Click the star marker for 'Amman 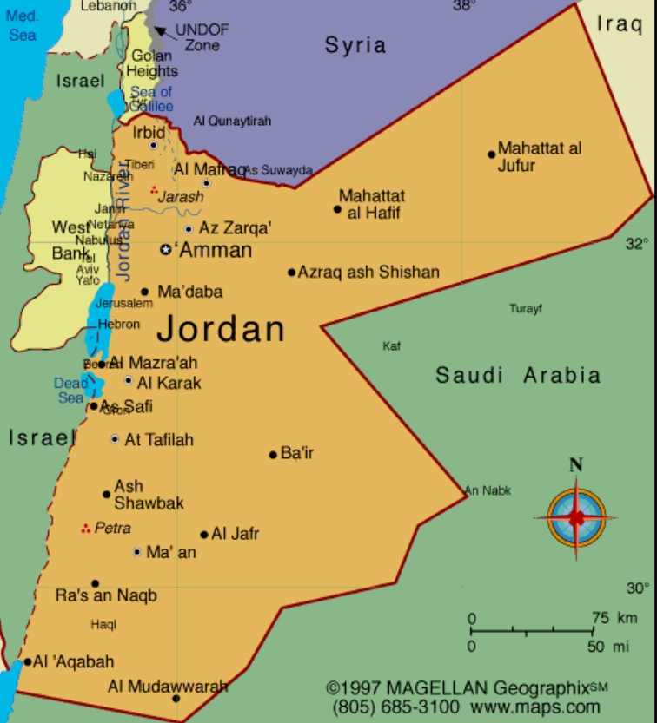tap(166, 249)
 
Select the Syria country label tap(355, 45)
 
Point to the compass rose tap(575, 517)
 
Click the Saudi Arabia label tap(518, 376)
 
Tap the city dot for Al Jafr tap(204, 535)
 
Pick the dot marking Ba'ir tap(273, 454)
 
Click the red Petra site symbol tap(85, 528)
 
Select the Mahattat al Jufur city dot tap(491, 154)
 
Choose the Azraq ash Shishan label tap(368, 273)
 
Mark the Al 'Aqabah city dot tap(27, 662)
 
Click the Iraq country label tap(620, 24)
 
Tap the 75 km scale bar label tap(614, 618)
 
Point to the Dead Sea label tap(70, 391)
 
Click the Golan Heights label tap(154, 63)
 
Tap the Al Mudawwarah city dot tap(176, 698)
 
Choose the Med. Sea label tap(23, 26)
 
